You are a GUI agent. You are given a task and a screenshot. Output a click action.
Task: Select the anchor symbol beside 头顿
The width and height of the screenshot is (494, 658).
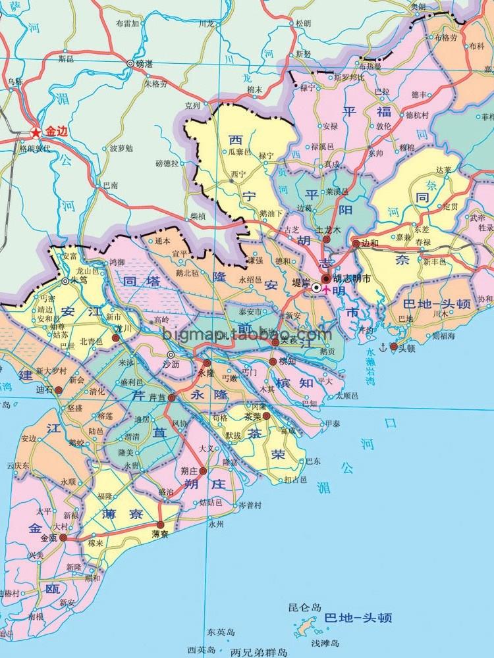[x=384, y=346]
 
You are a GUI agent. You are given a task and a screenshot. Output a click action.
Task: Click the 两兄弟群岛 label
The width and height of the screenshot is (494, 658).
[x=259, y=652]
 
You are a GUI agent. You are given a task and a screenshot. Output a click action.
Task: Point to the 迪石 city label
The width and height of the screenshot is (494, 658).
[x=45, y=390]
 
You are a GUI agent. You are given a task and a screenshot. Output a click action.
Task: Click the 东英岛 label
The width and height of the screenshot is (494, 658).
[x=221, y=632]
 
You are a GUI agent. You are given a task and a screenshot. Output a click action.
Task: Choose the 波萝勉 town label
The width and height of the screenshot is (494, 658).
[x=121, y=147]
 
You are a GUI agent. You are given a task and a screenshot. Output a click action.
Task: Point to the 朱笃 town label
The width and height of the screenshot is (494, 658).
[x=79, y=279]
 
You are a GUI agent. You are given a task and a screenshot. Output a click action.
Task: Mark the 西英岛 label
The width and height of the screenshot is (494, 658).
[x=201, y=649]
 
